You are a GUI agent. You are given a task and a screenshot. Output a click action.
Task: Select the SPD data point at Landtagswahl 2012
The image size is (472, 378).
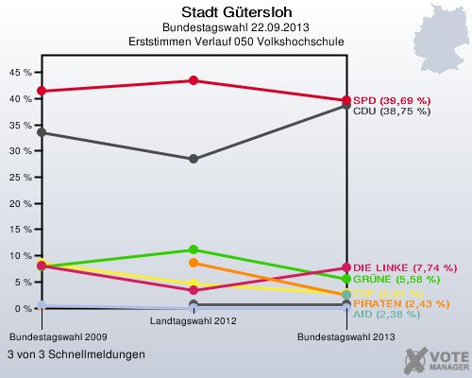194,80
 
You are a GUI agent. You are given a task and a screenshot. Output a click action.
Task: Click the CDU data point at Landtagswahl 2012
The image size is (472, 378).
194,159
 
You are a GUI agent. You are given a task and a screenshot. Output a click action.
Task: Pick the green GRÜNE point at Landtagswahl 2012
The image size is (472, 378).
194,249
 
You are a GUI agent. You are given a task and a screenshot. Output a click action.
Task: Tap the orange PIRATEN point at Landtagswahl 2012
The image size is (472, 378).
194,263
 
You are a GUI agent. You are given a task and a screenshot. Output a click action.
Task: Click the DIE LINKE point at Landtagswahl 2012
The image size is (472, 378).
194,290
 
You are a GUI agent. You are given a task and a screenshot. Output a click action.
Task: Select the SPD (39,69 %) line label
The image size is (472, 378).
392,100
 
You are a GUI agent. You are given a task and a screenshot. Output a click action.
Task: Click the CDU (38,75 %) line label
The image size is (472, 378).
392,111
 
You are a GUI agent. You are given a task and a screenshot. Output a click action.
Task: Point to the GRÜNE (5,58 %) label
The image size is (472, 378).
392,280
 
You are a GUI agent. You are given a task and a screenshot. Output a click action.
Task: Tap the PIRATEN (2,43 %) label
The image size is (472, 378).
396,302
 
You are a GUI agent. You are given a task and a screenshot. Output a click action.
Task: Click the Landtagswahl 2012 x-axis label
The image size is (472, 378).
194,321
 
